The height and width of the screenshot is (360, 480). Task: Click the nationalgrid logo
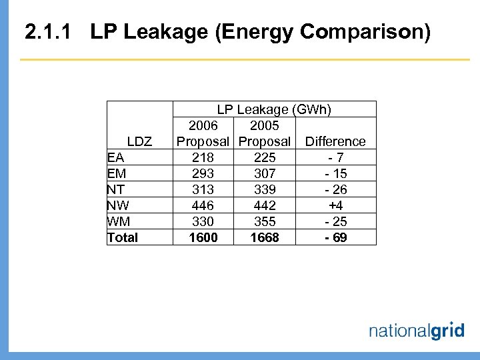416,331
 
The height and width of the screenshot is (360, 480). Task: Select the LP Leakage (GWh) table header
274,109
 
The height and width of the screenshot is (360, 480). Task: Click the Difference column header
335,141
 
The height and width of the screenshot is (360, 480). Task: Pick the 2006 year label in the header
203,125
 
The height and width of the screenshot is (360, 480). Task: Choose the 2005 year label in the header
264,125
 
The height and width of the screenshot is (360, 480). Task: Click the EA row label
116,157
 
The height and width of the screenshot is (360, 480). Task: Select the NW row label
118,205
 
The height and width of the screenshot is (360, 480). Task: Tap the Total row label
123,237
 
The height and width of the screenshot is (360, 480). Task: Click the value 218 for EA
203,157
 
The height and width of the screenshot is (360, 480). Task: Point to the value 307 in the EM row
264,173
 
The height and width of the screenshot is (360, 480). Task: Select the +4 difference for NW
335,205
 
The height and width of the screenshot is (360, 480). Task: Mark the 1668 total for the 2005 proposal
264,237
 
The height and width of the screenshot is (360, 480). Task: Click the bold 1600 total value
203,237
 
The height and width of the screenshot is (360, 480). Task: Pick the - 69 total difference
335,237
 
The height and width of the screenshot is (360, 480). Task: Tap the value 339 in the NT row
264,189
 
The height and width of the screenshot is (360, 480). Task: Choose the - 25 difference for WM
335,221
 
